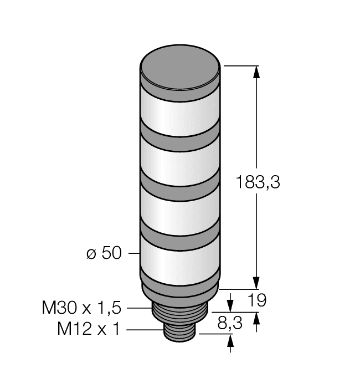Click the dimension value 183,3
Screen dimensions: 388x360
[x=258, y=182]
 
